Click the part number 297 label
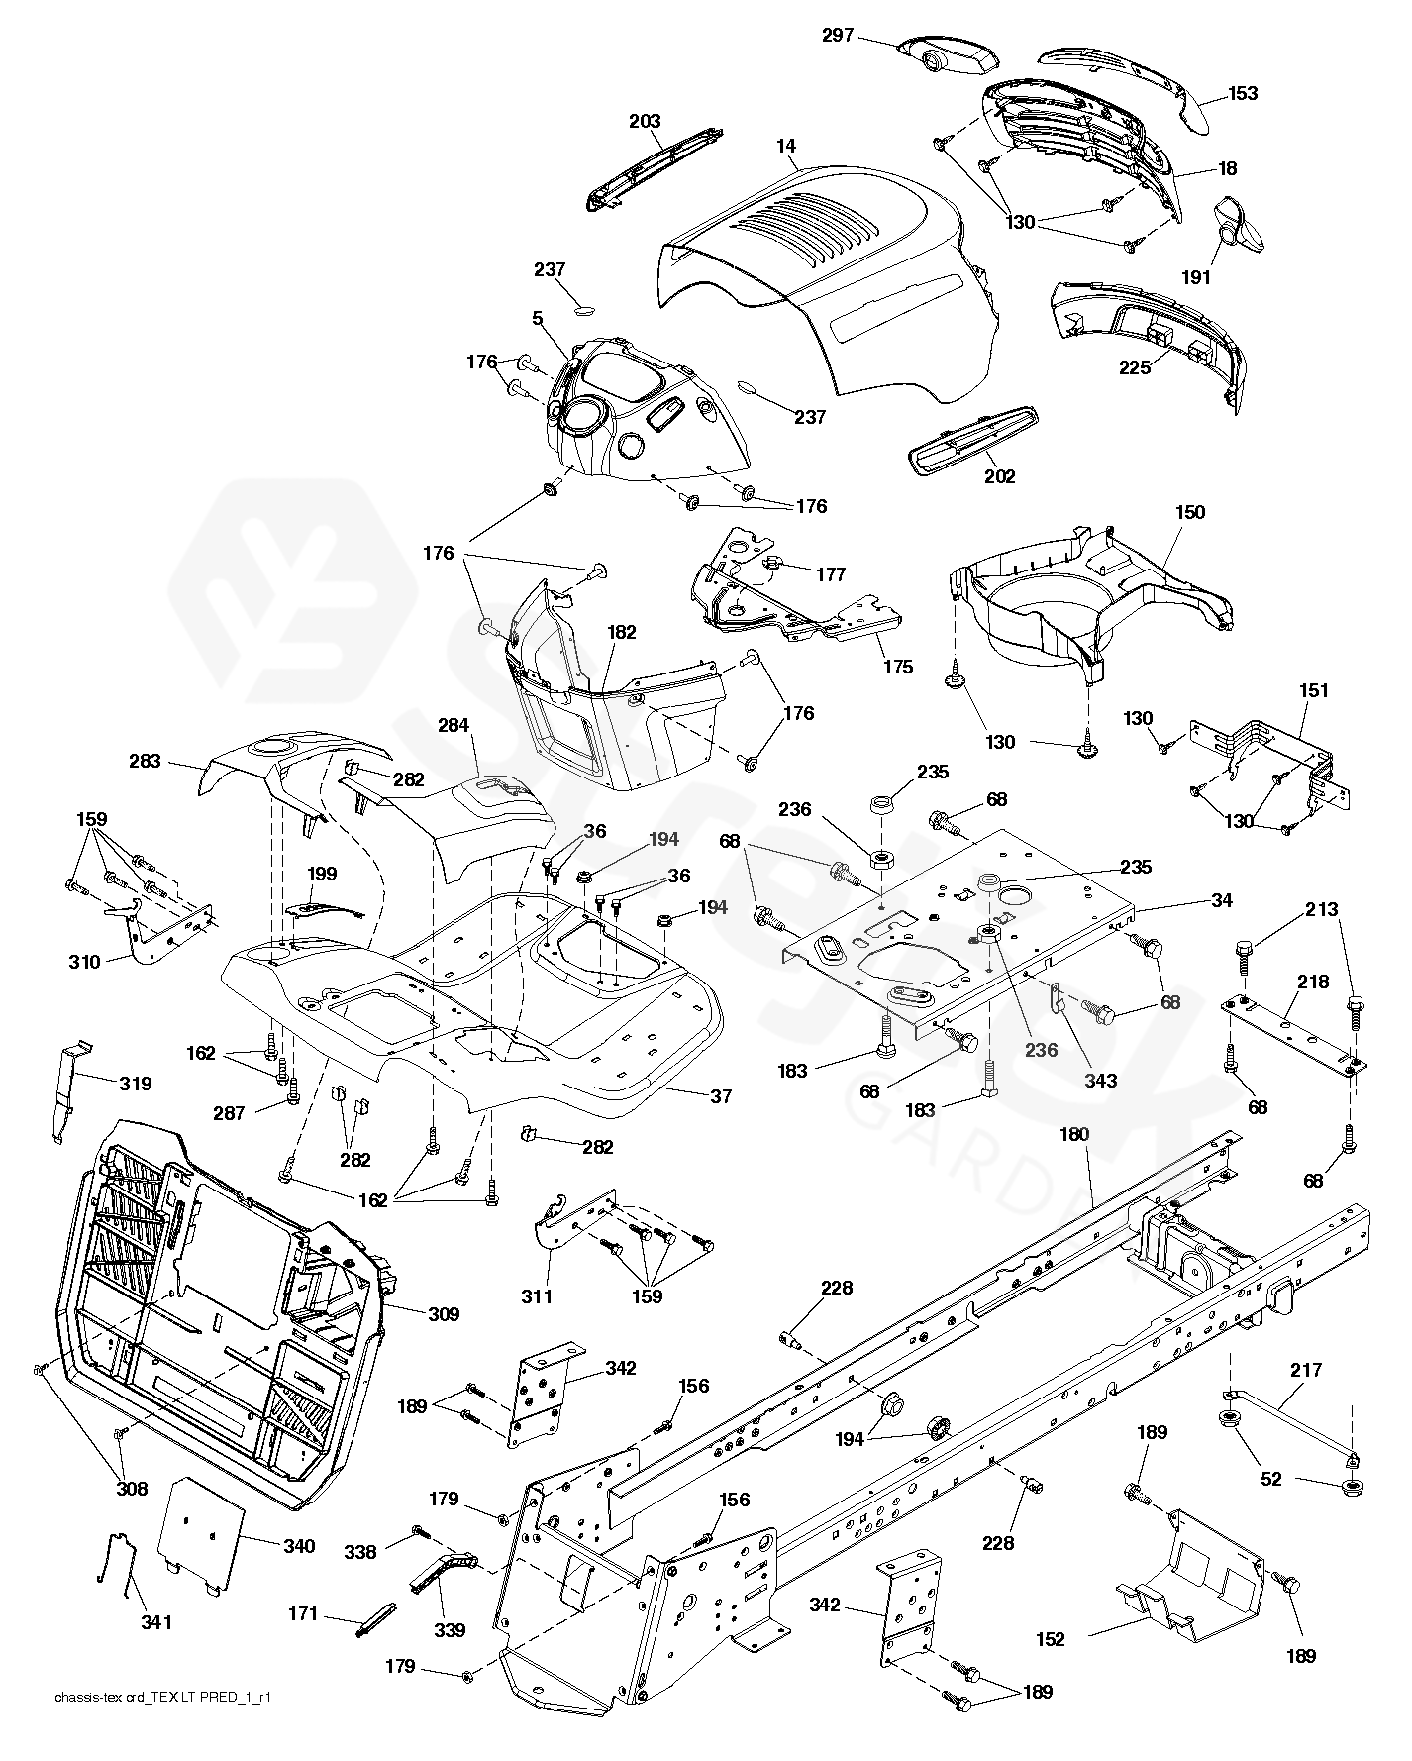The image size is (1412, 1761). tap(837, 36)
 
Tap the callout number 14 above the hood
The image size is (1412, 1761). tap(786, 146)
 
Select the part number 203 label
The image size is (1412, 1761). tap(645, 122)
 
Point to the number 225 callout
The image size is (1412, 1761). tap(1135, 367)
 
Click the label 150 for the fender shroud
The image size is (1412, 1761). tap(1189, 512)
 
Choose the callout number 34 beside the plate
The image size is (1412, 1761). tap(1222, 900)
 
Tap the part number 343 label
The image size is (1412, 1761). tap(1100, 1081)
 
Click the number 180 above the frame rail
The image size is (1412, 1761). tap(1074, 1135)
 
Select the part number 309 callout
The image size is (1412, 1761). tap(444, 1314)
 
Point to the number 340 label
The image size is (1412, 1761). tap(298, 1546)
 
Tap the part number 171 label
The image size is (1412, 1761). tap(303, 1614)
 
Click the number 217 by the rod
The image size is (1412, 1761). tap(1306, 1371)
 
